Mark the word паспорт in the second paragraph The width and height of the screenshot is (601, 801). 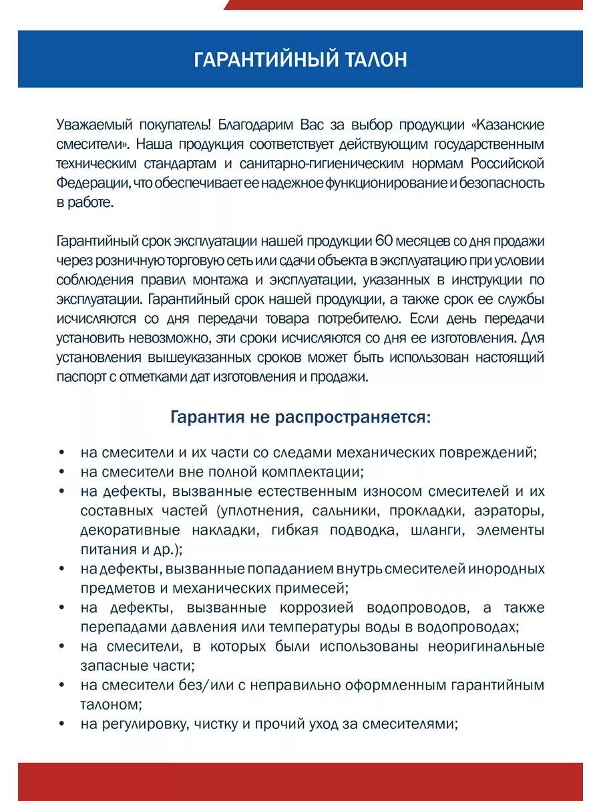79,376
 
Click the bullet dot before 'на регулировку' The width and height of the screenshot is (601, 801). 61,724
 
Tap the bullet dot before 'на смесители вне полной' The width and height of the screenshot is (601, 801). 61,473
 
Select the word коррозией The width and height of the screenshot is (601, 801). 317,608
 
